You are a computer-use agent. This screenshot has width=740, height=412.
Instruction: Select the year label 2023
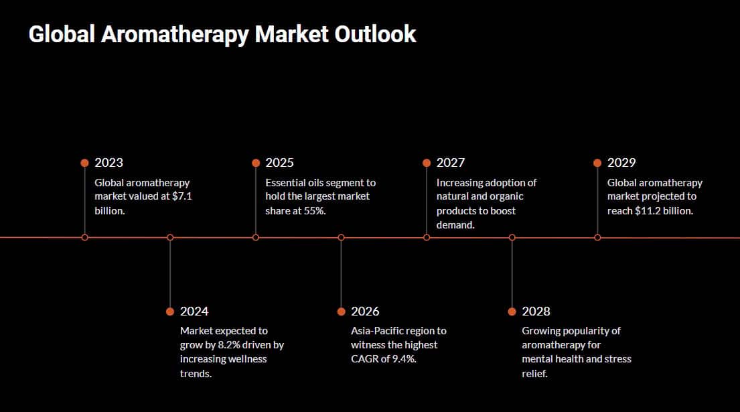108,163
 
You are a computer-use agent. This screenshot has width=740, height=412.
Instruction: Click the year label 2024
194,312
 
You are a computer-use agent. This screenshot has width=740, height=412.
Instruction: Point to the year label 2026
365,312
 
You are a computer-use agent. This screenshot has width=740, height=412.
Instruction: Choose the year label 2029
621,163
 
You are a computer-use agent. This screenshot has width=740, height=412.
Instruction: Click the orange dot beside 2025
256,163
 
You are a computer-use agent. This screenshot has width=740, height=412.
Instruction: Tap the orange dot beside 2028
512,312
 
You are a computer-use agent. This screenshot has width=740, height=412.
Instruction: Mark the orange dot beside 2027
427,163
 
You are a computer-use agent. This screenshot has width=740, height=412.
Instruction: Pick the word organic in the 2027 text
507,197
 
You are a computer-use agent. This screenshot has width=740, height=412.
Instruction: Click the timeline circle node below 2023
84,237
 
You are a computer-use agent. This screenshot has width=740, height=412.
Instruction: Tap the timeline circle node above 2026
341,237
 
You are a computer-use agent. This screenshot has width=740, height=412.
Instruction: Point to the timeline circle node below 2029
597,237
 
